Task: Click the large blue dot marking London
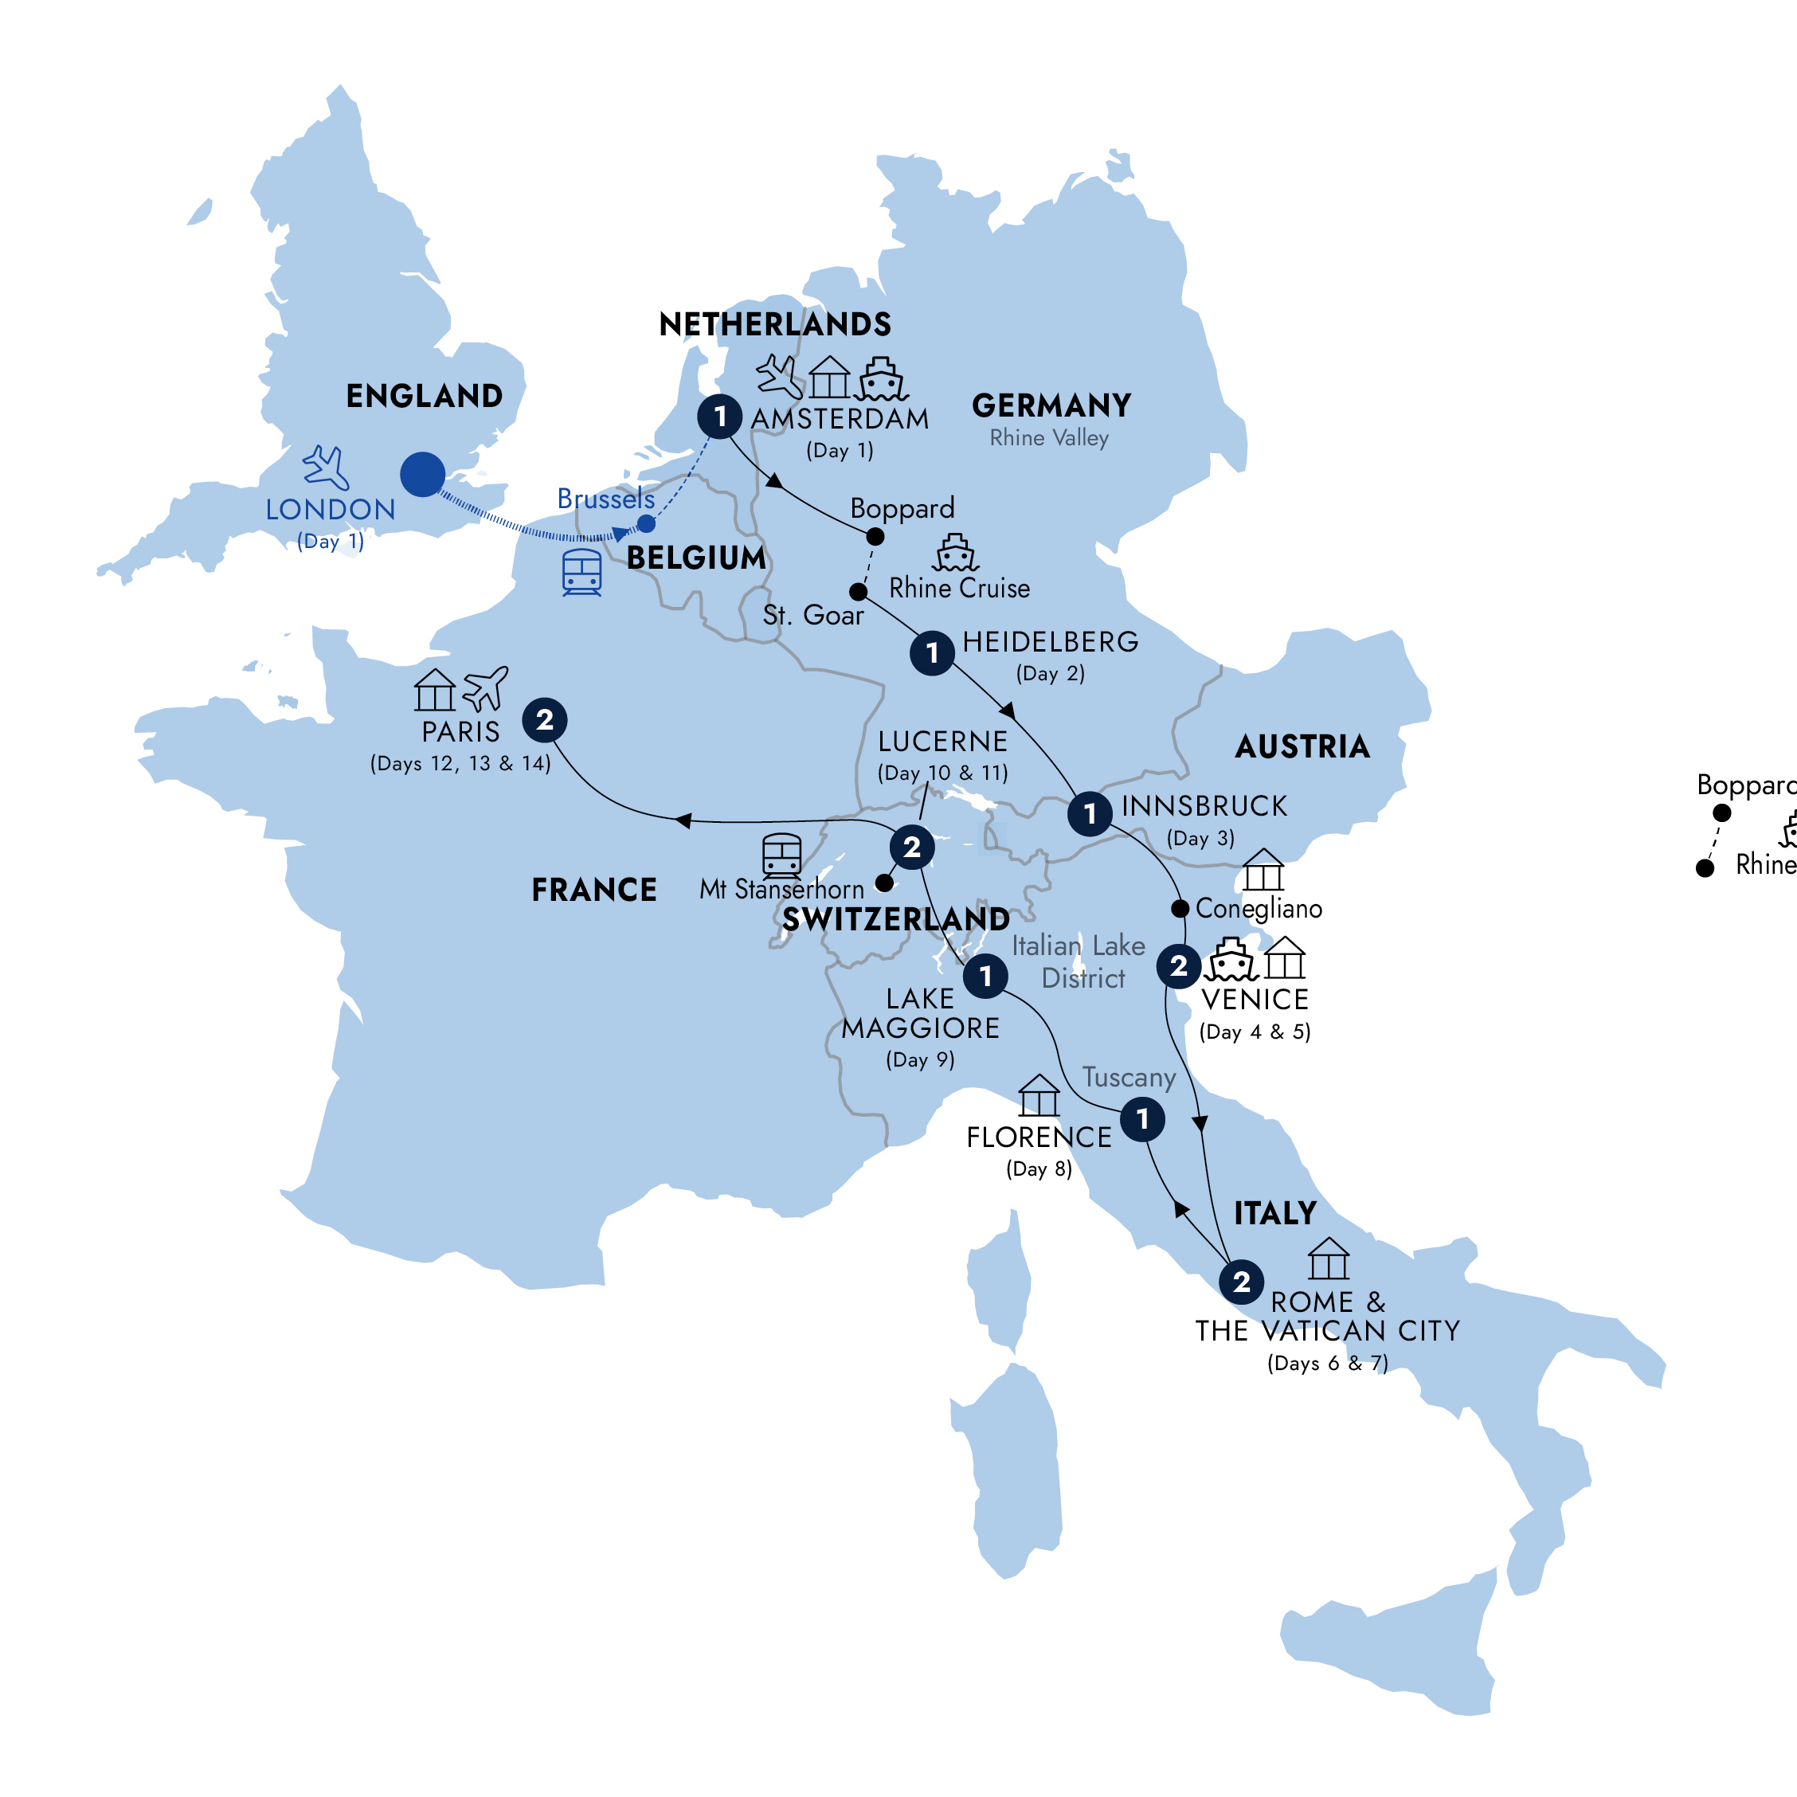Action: tap(422, 475)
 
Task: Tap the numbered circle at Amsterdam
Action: tap(720, 416)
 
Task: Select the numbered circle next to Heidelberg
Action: tap(932, 653)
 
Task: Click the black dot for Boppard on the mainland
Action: tap(875, 537)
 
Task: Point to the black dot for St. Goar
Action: tap(859, 592)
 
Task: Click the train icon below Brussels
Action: tap(582, 572)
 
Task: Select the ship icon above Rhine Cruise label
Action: tap(955, 553)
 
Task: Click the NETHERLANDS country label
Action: tap(775, 325)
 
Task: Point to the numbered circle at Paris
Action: tap(545, 720)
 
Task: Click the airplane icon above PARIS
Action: tap(486, 688)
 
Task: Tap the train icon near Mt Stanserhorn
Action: tap(781, 855)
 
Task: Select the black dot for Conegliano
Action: tap(1180, 908)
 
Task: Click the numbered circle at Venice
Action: tap(1178, 965)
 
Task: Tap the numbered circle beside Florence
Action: tap(1142, 1119)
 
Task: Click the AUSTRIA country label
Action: tap(1302, 747)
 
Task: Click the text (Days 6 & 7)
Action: tap(1327, 1364)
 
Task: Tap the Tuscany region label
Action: tap(1129, 1077)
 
